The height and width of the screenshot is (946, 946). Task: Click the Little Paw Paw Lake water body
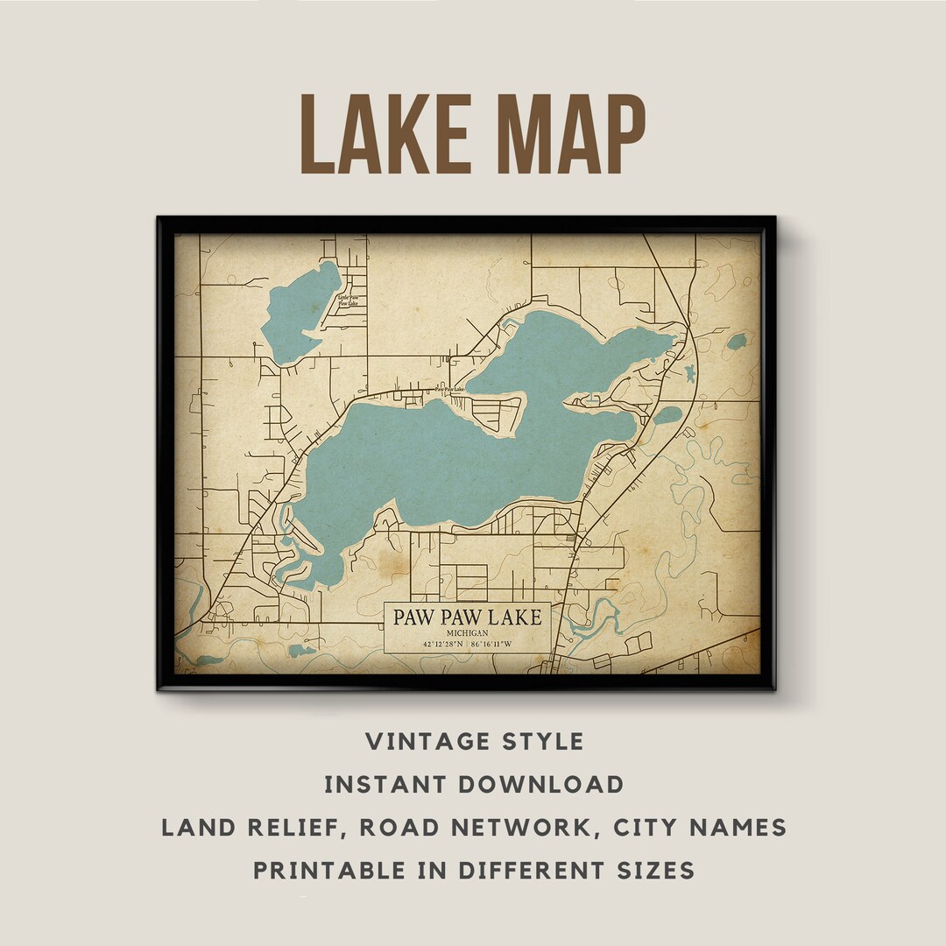pyautogui.click(x=298, y=311)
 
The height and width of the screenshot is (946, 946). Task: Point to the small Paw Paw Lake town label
pyautogui.click(x=450, y=389)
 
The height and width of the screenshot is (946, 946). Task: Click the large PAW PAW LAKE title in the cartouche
pyautogui.click(x=467, y=617)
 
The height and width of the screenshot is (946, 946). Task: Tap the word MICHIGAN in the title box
pyautogui.click(x=467, y=633)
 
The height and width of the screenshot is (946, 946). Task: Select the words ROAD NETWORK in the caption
pyautogui.click(x=484, y=827)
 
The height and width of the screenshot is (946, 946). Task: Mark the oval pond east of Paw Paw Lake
pyautogui.click(x=667, y=414)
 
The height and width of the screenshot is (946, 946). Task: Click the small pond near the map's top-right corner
pyautogui.click(x=737, y=342)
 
